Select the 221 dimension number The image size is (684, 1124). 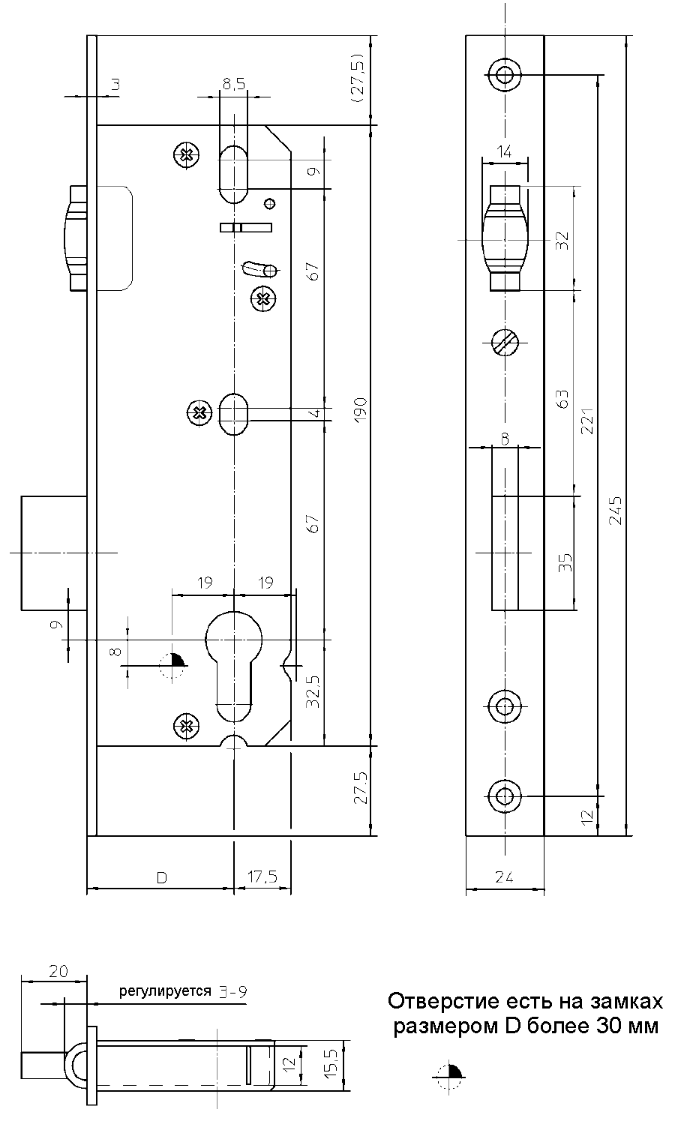pyautogui.click(x=587, y=421)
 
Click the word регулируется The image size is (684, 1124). pyautogui.click(x=165, y=991)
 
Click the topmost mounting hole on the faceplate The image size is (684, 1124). pyautogui.click(x=504, y=73)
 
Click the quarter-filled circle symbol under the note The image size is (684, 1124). pyautogui.click(x=451, y=1078)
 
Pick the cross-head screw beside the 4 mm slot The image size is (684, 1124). pyautogui.click(x=198, y=412)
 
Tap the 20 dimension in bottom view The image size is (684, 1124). pyautogui.click(x=58, y=971)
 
